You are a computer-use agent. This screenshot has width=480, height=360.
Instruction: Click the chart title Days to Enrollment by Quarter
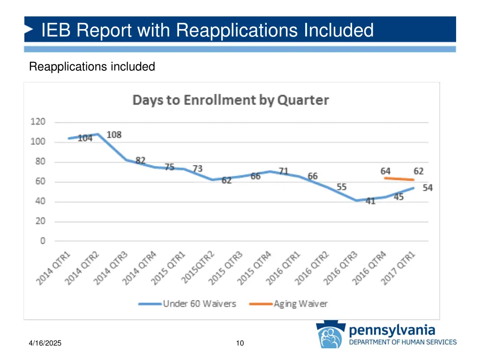(231, 100)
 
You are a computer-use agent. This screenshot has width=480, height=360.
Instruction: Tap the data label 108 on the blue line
(114, 135)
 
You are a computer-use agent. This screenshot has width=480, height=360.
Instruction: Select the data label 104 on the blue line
(85, 138)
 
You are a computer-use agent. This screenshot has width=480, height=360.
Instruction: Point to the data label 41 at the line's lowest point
(370, 202)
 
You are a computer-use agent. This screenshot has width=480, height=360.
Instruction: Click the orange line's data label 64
(385, 171)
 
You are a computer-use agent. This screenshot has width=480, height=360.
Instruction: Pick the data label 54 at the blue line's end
(427, 188)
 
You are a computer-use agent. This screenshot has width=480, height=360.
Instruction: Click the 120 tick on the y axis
(38, 122)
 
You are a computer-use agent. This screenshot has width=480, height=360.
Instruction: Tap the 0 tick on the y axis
(43, 241)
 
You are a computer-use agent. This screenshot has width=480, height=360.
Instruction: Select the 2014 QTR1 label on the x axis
(54, 268)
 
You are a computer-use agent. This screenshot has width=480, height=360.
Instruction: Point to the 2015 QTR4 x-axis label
(255, 268)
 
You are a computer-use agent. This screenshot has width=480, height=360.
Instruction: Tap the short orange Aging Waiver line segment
(399, 179)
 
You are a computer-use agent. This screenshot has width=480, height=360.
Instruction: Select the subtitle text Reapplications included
(92, 67)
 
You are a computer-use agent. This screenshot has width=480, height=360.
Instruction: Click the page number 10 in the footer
(240, 344)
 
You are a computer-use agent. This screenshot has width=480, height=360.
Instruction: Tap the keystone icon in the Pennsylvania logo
(331, 336)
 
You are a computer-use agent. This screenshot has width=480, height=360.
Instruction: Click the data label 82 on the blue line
(141, 160)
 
